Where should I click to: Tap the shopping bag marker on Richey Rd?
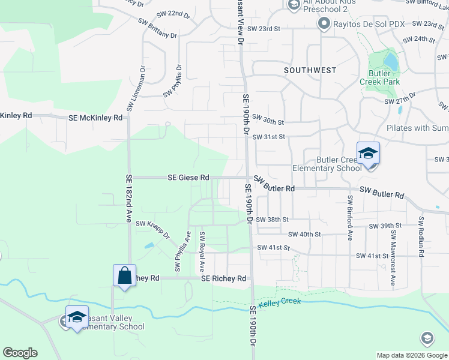[124, 276]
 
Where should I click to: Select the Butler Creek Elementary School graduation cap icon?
[367, 153]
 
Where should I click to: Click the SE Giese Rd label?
[188, 178]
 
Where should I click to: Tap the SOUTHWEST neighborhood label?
[310, 70]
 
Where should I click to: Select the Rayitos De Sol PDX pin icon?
[324, 24]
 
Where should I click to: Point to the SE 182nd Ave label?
[128, 199]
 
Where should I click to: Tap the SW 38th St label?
[273, 220]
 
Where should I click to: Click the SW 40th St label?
[304, 234]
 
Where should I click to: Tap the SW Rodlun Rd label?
[421, 237]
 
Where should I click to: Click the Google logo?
[20, 353]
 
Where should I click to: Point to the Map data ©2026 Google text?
[411, 355]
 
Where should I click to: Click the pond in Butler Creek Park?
[390, 61]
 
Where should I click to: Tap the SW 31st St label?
[272, 137]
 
